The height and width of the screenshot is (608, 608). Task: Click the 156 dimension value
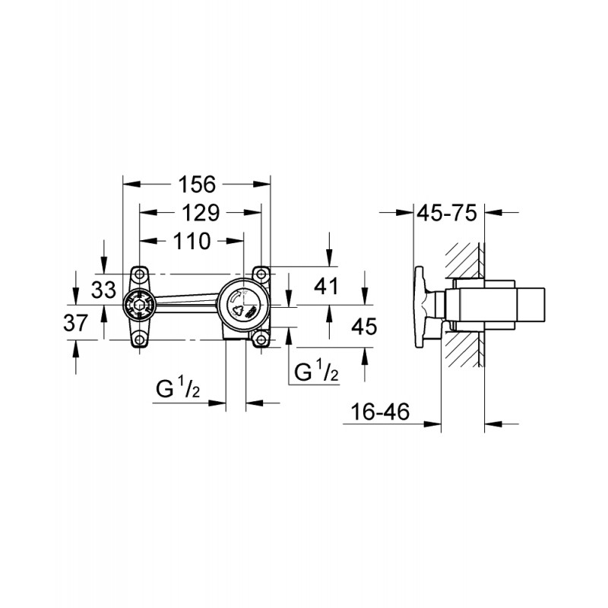coord(197,185)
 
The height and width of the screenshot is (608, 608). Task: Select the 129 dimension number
coord(201,213)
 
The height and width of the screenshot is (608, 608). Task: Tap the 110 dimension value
coord(192,241)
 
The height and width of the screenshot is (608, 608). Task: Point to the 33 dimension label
coord(103,290)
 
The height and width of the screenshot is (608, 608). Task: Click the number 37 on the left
coord(75,322)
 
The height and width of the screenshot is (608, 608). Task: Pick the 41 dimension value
coord(326,287)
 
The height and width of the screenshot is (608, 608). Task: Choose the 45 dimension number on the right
coord(364,326)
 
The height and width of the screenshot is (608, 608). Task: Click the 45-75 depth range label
coord(447,213)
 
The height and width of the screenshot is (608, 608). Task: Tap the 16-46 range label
coord(379,411)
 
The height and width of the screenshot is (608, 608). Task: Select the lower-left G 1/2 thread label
coord(178,388)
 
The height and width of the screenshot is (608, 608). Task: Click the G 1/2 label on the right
coord(316,371)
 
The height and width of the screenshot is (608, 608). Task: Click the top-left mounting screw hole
coord(139,274)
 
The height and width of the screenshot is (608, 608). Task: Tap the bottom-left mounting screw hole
coord(139,340)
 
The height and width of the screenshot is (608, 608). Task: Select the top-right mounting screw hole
coord(261,274)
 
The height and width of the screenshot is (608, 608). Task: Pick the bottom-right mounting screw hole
coord(261,340)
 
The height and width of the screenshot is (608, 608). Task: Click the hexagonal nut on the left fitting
coord(140,305)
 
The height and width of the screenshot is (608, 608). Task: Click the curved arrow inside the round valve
coord(236,298)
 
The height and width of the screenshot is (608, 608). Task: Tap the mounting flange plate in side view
coord(420,307)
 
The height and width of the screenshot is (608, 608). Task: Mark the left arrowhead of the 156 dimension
coord(131,184)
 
